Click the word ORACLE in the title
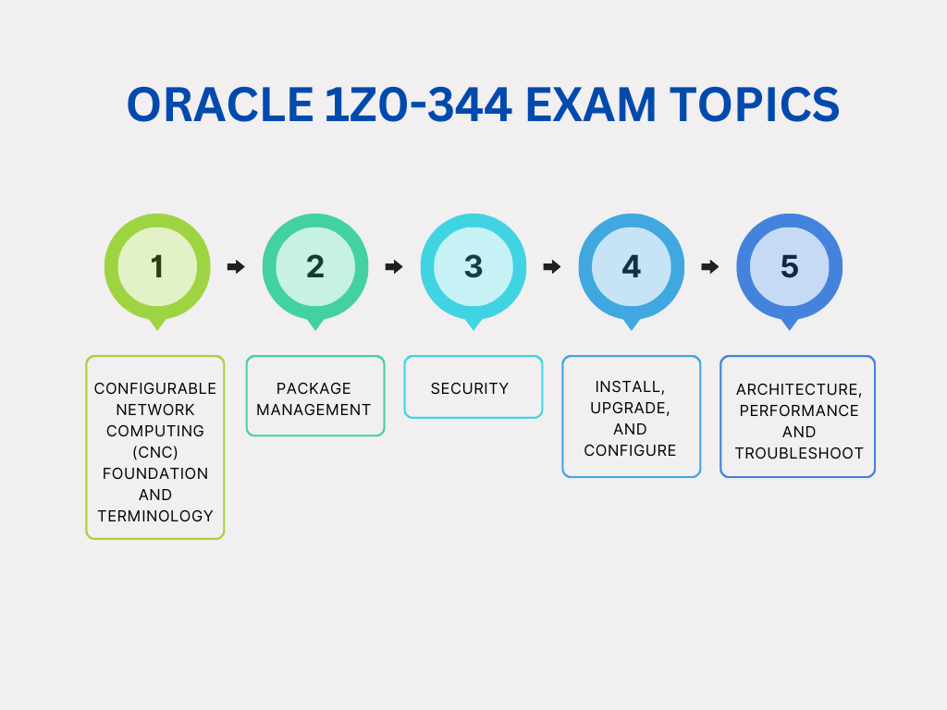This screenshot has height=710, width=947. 220,104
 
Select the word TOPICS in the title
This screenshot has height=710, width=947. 755,104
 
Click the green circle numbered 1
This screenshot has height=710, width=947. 157,266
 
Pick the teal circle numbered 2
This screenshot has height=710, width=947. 315,266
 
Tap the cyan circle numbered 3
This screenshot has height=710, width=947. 473,266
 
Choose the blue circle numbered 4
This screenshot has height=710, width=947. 631,266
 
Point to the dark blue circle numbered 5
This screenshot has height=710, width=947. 790,266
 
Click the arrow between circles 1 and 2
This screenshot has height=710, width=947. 236,266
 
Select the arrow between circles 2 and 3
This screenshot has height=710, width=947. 394,266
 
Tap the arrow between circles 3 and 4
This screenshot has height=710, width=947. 552,266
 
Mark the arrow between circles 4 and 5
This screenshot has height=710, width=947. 710,266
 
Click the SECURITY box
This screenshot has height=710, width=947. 473,387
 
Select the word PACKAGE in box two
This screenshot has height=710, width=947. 314,388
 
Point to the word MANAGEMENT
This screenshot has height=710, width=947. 314,410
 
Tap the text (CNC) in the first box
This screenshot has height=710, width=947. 155,452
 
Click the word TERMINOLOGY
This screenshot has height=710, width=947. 155,516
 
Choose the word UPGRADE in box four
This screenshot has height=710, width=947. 630,408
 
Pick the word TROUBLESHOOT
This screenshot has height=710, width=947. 799,453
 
